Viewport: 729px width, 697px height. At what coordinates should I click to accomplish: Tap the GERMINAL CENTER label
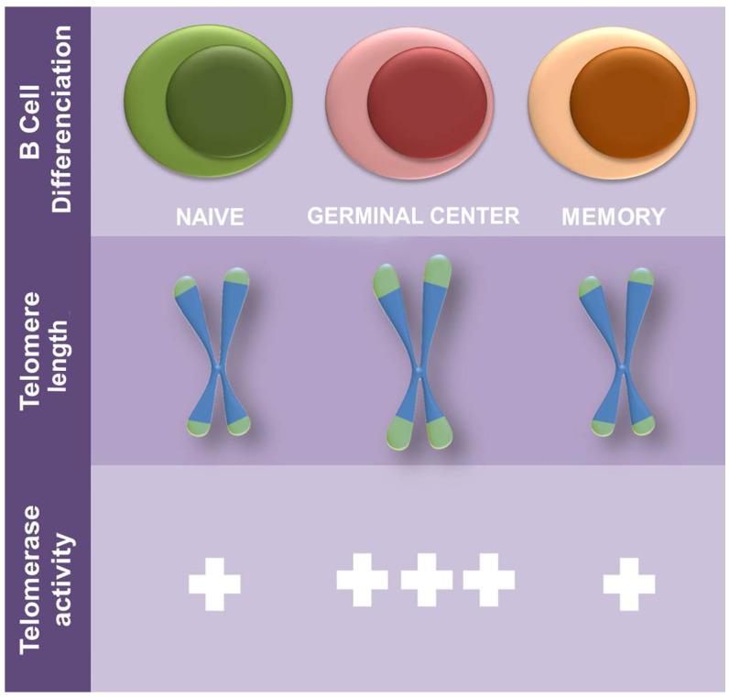tap(413, 217)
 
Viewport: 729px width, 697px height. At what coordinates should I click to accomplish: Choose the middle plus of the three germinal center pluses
tap(426, 579)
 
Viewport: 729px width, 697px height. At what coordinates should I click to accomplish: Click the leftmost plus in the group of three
tap(363, 579)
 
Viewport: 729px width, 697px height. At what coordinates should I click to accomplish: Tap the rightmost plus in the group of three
tap(488, 579)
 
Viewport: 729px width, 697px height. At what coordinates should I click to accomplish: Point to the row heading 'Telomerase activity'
tap(46, 576)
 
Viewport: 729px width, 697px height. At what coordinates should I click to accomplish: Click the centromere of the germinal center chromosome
tap(419, 371)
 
